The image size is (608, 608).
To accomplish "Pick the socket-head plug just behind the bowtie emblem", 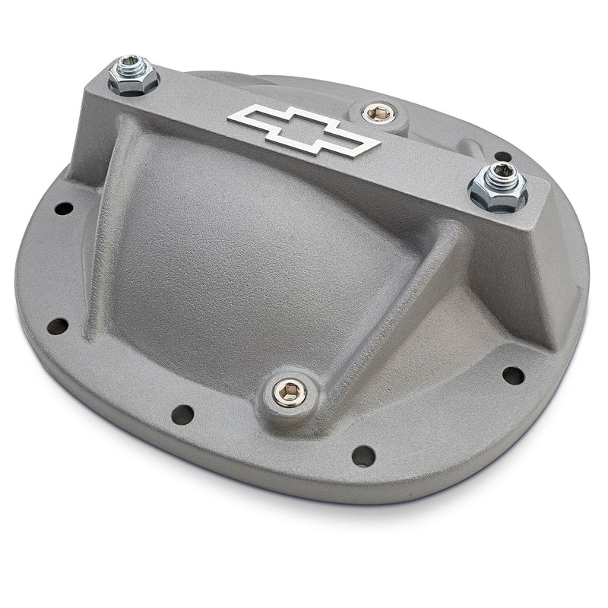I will tap(375, 114).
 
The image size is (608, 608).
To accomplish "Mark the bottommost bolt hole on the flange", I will tap(363, 455).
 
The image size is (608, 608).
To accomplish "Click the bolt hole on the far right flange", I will tap(514, 375).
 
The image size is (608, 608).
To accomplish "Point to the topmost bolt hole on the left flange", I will tap(65, 207).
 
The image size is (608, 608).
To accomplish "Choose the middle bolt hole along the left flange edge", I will tap(57, 326).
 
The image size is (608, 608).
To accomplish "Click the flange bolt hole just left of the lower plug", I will tap(182, 414).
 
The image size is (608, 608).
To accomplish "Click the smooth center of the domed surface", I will tap(251, 251).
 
